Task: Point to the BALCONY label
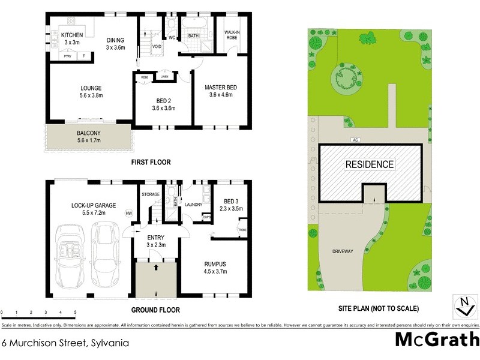pos(88,137)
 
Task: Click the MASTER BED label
pos(220,91)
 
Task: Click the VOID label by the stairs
pos(157,46)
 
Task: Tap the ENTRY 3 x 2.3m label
pos(156,241)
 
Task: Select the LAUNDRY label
pos(193,205)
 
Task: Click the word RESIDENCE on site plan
pos(369,164)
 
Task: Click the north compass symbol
pos(462,305)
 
